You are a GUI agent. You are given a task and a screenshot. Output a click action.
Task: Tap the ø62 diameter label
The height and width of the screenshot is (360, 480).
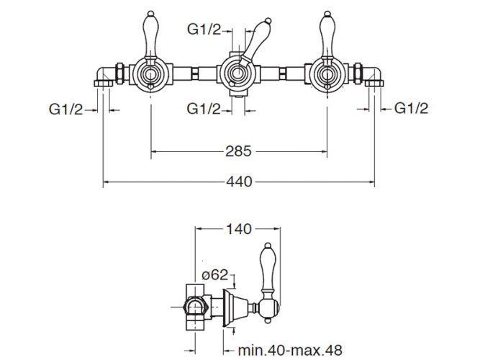[216, 274]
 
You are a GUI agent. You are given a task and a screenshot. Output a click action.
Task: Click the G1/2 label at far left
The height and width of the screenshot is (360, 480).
[65, 109]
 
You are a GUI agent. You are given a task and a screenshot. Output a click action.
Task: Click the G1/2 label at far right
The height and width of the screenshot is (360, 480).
[412, 109]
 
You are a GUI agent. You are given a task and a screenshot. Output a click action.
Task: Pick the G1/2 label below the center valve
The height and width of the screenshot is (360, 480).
[204, 109]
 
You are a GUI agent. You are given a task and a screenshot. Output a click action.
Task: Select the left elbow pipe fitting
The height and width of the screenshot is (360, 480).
[105, 76]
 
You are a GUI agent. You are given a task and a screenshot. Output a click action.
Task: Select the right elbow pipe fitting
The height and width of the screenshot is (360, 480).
[373, 76]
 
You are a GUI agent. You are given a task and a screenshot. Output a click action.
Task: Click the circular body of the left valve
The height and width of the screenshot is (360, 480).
[150, 74]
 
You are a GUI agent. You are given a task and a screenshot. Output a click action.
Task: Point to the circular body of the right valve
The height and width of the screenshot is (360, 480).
[327, 74]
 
